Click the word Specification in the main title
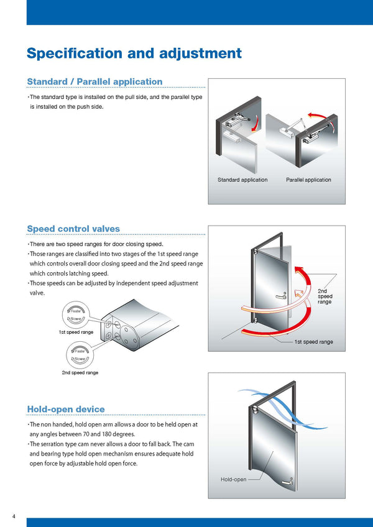point(76,53)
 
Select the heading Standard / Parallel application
point(94,82)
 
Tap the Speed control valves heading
point(73,229)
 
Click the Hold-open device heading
point(66,409)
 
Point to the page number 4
point(14,516)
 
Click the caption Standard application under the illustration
point(242,180)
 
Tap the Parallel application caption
point(308,180)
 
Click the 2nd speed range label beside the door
point(325,296)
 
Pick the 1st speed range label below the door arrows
point(313,342)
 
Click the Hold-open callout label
point(233,480)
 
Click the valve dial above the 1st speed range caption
point(75,314)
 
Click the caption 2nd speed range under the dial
point(80,373)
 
